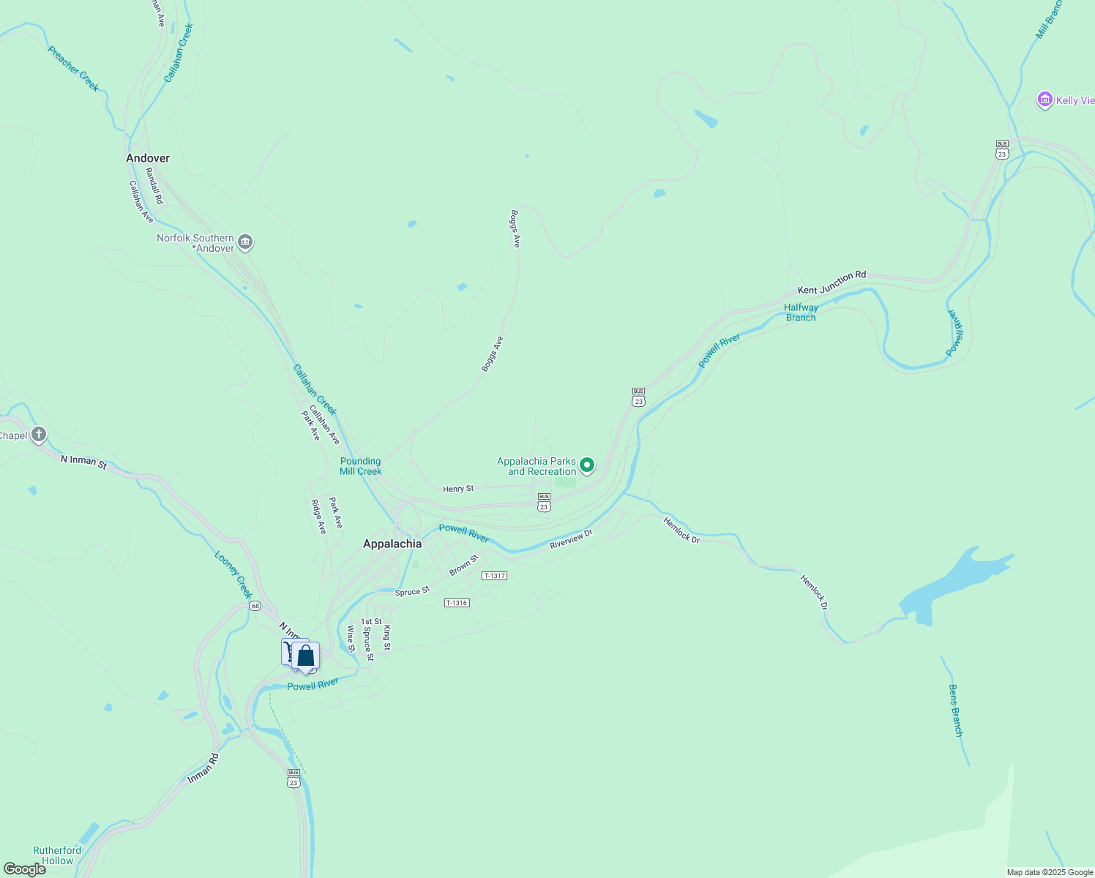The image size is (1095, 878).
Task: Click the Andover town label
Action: (148, 158)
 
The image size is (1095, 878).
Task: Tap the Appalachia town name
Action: (392, 544)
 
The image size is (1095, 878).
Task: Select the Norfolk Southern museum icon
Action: (246, 242)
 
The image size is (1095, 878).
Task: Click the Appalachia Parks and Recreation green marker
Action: (586, 465)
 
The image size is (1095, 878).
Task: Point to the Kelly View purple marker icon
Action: (1044, 100)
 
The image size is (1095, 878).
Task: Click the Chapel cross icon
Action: (39, 435)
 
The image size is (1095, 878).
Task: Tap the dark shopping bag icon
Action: (306, 656)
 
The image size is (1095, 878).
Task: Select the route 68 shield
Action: (255, 606)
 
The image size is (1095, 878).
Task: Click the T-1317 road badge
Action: (494, 576)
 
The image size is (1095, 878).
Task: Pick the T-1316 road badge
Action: (457, 603)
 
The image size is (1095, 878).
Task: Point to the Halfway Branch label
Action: (801, 312)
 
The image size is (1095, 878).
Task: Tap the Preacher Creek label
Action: (73, 69)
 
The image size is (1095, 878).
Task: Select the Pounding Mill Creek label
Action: (361, 466)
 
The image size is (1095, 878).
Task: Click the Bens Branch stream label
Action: (955, 710)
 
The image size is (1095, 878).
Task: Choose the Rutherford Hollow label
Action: (57, 855)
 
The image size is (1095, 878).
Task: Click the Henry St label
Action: (458, 489)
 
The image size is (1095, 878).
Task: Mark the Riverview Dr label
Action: (571, 539)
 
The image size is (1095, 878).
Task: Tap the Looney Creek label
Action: (233, 574)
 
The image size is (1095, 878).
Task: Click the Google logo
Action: (24, 868)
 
